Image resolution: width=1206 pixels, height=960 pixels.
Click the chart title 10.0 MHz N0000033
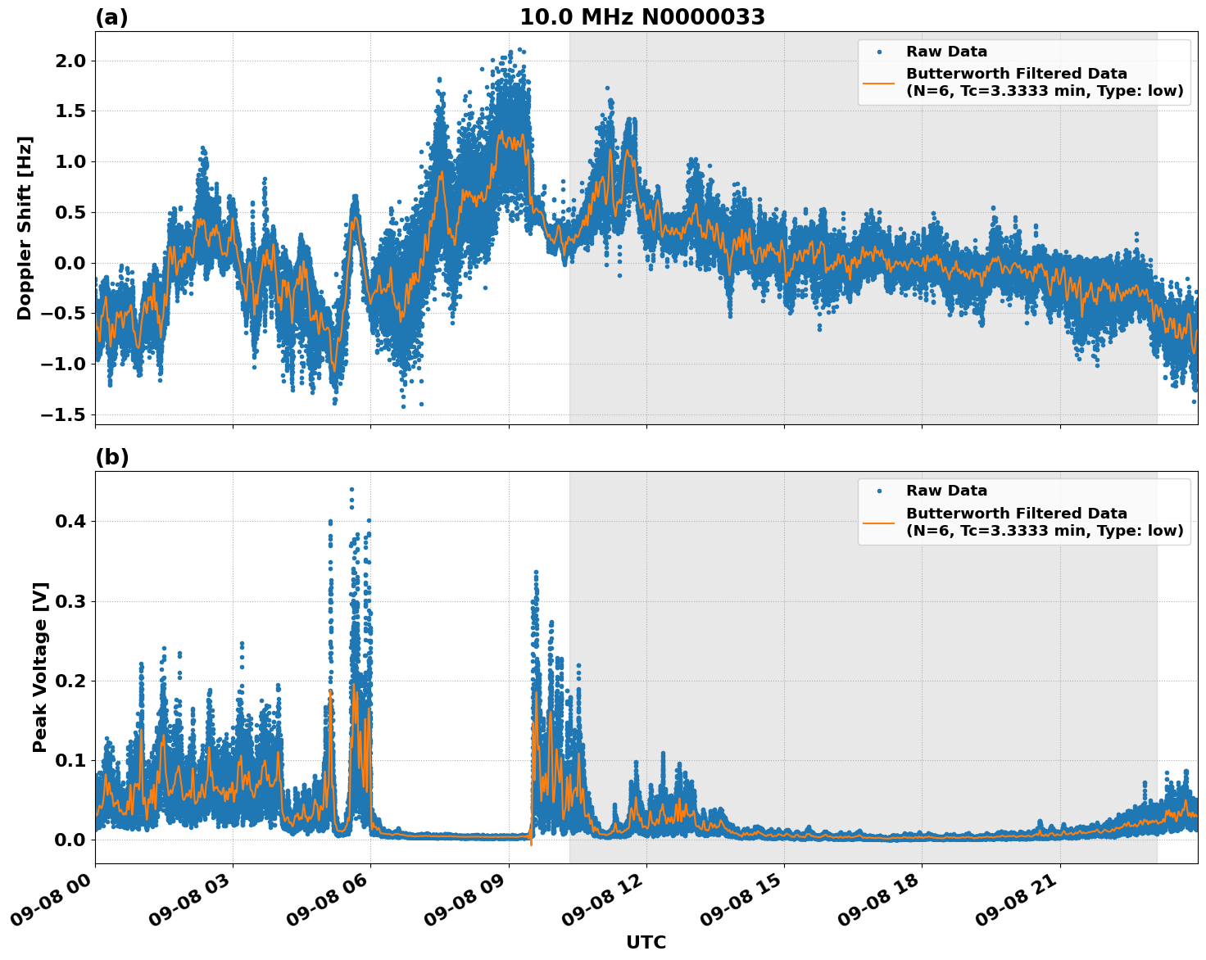(x=642, y=17)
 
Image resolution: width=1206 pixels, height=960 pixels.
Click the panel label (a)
(x=111, y=17)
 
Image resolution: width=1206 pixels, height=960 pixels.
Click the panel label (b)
(x=111, y=457)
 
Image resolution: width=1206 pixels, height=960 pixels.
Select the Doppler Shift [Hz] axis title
(x=25, y=228)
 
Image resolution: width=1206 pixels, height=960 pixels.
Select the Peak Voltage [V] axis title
(x=40, y=667)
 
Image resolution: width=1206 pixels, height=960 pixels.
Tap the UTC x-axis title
(x=646, y=942)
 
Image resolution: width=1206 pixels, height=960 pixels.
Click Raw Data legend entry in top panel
(x=946, y=52)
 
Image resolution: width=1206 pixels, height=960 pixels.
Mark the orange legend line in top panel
(x=879, y=82)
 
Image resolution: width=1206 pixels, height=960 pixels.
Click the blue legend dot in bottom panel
(x=879, y=491)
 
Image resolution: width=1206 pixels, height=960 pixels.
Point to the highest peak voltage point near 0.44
(x=351, y=489)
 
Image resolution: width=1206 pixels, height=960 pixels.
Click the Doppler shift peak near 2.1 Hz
(x=510, y=52)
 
